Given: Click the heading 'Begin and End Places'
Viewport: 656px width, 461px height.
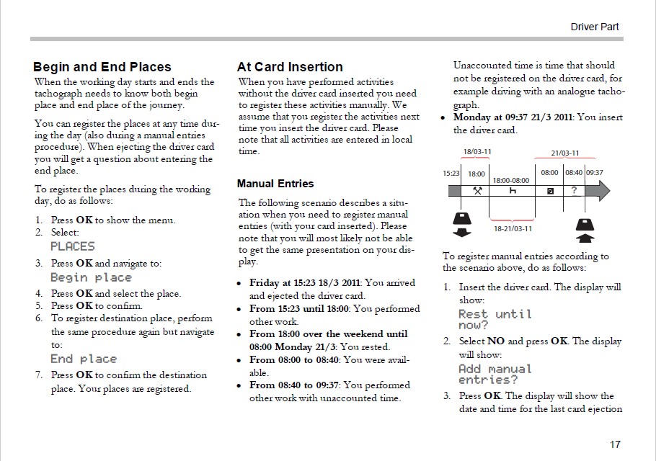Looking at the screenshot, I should (x=102, y=68).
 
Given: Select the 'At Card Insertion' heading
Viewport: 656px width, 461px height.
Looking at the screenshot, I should (x=290, y=68).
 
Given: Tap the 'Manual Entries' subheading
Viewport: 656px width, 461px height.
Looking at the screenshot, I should (x=275, y=184).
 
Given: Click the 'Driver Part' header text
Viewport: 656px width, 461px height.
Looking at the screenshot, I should (x=595, y=27).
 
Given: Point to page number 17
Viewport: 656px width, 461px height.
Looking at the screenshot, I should (x=613, y=444).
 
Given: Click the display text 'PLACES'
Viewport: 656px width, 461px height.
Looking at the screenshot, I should (x=72, y=246).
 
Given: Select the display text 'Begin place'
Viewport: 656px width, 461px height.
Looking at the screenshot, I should (x=91, y=277).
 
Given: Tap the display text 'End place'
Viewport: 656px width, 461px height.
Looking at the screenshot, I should (x=83, y=359).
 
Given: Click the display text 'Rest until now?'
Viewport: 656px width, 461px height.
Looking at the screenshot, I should (x=495, y=319).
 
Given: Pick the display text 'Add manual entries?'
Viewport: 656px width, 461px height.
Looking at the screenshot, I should (x=495, y=374).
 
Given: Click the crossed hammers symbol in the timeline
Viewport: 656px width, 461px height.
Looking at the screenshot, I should (x=477, y=191).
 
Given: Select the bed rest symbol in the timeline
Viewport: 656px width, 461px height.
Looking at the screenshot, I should (x=513, y=191).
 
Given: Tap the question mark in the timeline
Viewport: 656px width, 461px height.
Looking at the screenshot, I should (x=574, y=191).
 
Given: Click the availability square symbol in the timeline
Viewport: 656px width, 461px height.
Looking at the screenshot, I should (x=550, y=191).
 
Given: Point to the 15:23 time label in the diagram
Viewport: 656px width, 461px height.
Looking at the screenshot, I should (x=452, y=174).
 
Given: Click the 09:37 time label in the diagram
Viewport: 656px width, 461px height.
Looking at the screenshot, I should (x=595, y=174).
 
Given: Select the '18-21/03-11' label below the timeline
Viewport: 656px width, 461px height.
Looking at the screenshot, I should (x=513, y=228).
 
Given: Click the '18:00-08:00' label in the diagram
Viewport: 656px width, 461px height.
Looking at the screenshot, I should (x=510, y=179).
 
